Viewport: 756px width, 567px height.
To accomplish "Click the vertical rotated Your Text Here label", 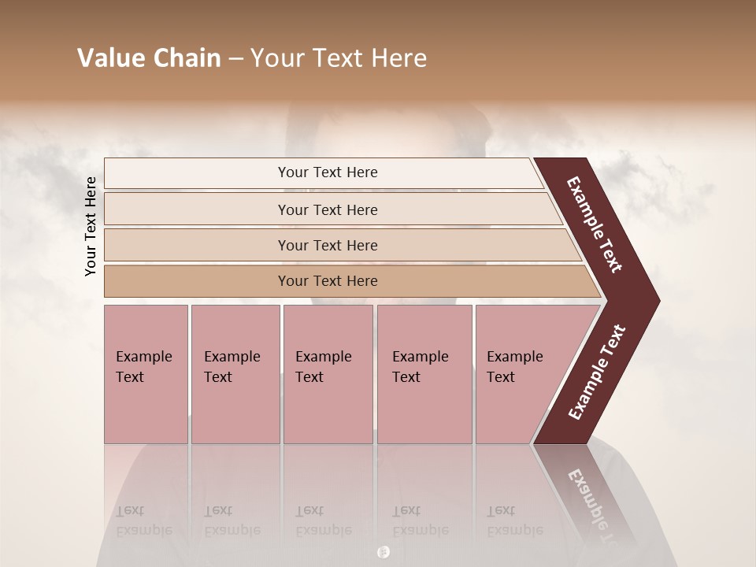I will pos(91,227).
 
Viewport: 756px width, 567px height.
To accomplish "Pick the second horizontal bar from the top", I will pos(328,209).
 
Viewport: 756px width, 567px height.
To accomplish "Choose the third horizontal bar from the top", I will pos(328,245).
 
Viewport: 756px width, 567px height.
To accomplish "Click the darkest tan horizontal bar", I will pos(328,281).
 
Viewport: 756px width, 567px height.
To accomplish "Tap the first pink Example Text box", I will pos(146,373).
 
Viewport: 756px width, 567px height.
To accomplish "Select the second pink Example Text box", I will pos(235,373).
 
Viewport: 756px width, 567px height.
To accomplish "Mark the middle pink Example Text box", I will pos(328,373).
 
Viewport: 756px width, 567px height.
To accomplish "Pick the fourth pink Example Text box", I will pos(424,373).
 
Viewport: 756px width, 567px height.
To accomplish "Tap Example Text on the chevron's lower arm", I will pos(597,372).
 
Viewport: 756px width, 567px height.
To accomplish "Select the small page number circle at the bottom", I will pos(384,552).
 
